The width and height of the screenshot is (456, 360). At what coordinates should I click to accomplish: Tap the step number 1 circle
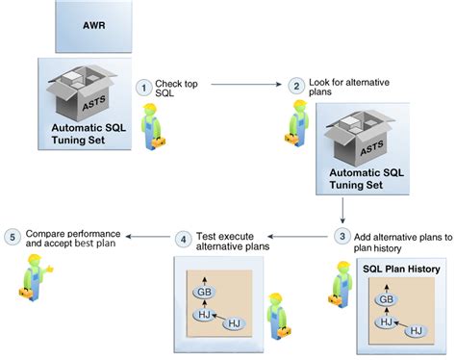144,87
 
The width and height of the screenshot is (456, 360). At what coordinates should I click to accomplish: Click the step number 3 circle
342,234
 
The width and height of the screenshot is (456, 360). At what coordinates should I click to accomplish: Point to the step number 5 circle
13,236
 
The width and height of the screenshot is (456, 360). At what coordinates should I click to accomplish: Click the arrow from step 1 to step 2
245,86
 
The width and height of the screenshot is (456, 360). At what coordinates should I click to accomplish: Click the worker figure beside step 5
32,274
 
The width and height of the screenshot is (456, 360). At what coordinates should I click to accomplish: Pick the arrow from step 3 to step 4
298,235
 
